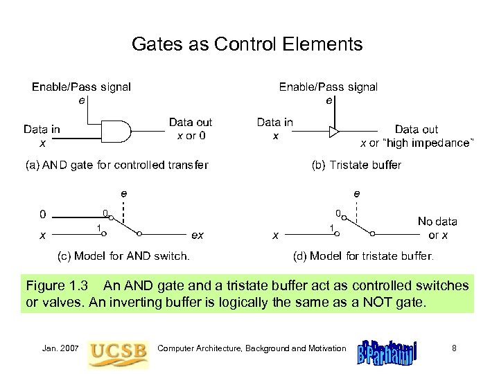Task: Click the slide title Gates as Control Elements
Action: (x=247, y=45)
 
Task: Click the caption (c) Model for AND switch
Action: (x=123, y=256)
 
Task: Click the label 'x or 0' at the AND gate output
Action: (x=191, y=135)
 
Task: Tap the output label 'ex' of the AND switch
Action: (x=198, y=235)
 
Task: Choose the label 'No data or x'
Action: (x=437, y=228)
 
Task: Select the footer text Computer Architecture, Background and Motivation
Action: (x=252, y=347)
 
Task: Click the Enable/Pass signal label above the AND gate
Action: (x=82, y=87)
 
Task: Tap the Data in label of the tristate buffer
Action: (x=275, y=123)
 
